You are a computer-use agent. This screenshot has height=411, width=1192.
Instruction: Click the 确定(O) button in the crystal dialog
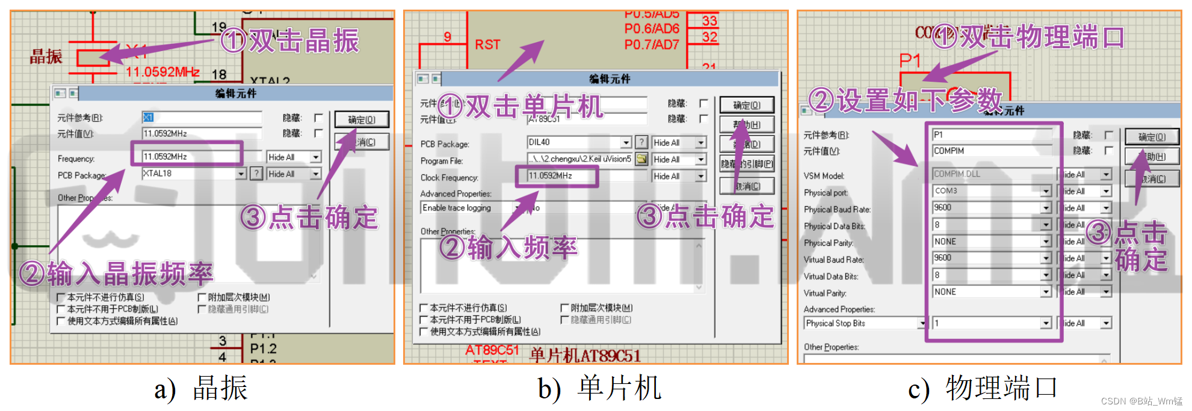click(x=362, y=120)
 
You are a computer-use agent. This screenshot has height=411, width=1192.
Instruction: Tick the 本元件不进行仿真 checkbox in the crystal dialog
click(x=61, y=297)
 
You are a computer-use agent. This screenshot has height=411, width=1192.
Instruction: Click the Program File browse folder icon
click(x=642, y=159)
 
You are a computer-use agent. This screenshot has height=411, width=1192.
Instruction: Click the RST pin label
click(x=487, y=44)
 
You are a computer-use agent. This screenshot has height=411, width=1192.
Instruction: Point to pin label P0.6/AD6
click(x=652, y=28)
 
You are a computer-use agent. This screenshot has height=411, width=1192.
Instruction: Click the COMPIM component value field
click(x=991, y=151)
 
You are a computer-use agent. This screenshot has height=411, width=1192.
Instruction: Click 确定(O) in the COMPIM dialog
click(x=1152, y=137)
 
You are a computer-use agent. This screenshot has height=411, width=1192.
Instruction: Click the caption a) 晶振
click(x=201, y=389)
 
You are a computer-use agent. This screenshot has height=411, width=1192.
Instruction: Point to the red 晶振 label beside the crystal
click(x=46, y=57)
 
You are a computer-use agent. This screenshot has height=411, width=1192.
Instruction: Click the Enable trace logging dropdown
click(x=469, y=208)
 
